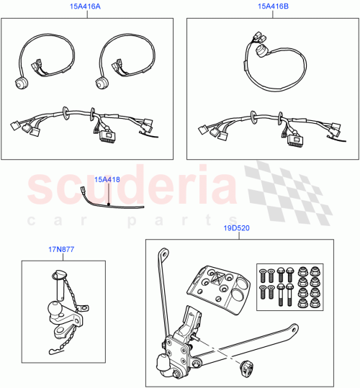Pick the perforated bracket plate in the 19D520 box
[x=217, y=286]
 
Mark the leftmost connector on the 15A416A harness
[x=14, y=125]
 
